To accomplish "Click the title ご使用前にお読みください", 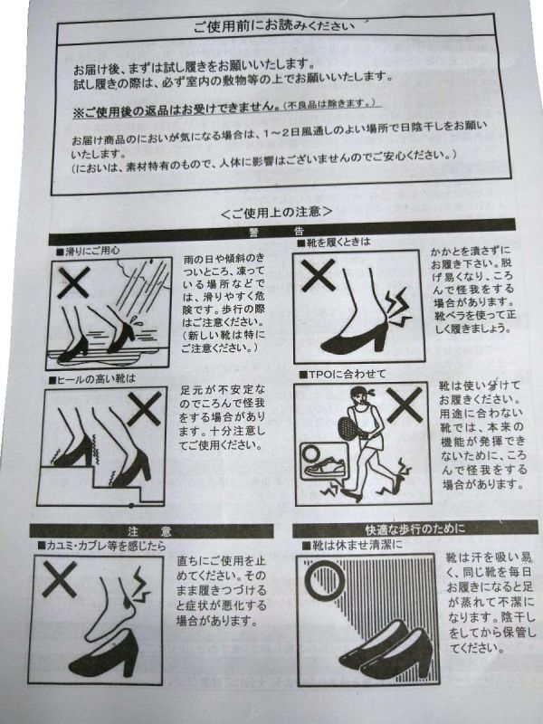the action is (x=274, y=26).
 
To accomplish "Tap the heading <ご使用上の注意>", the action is (x=277, y=212).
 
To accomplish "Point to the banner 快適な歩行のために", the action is (x=414, y=529).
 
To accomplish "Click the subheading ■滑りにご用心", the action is (x=88, y=251).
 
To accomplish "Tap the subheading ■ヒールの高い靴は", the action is (x=92, y=379).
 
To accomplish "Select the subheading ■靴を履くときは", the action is (x=333, y=242).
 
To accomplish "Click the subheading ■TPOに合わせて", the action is (x=342, y=374).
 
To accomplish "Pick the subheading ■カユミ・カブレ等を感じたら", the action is (x=101, y=547).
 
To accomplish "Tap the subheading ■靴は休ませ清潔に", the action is (x=352, y=546).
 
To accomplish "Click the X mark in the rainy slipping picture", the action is (x=73, y=281).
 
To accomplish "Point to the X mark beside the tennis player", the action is (x=405, y=405).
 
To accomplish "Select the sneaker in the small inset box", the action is (x=325, y=467).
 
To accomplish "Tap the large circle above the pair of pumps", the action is (x=327, y=579).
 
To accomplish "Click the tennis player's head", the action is (x=358, y=396).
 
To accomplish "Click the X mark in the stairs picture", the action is (x=144, y=409).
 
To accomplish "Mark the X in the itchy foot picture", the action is (x=59, y=579).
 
